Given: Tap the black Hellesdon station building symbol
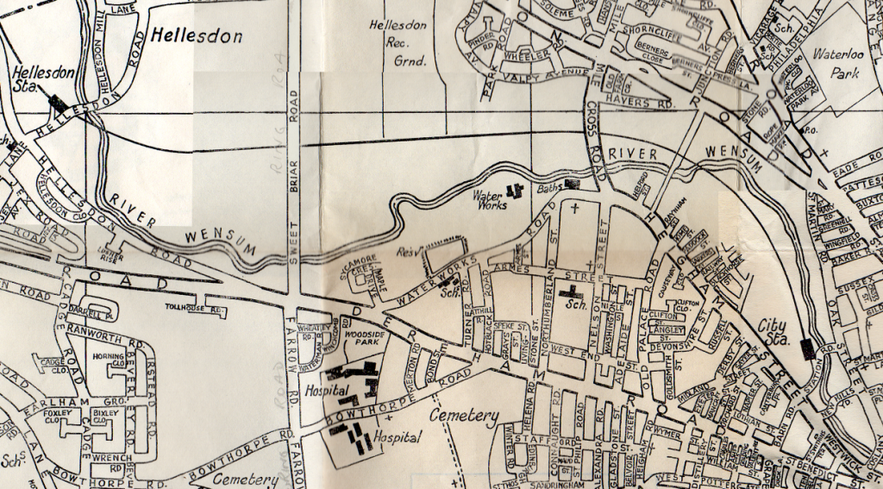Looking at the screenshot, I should click(x=59, y=102).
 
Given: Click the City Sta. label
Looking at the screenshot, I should click(x=776, y=333).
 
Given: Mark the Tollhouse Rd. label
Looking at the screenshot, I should click(x=195, y=306).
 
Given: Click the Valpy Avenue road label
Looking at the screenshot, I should click(x=552, y=75).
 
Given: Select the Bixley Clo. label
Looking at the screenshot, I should click(x=104, y=417).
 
